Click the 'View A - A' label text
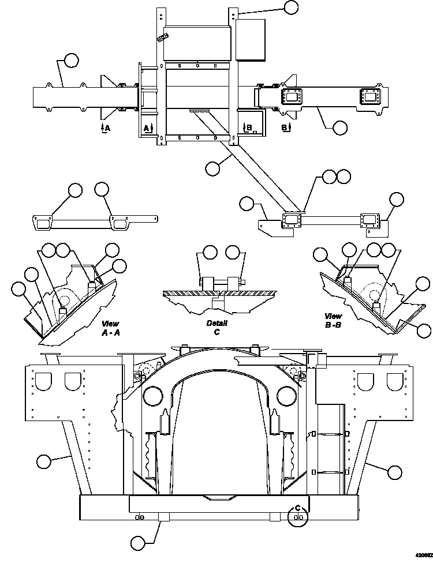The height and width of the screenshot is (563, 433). (110, 328)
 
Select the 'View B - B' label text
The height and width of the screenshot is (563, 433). (333, 320)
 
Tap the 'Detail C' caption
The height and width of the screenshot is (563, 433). (217, 328)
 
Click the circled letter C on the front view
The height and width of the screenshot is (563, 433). (298, 509)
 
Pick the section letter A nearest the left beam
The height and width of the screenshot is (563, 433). (104, 127)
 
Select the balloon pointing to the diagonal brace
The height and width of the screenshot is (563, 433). (212, 168)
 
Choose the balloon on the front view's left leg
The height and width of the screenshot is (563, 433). (43, 461)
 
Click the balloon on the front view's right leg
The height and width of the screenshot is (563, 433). (394, 472)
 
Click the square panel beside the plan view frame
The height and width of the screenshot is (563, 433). (251, 40)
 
